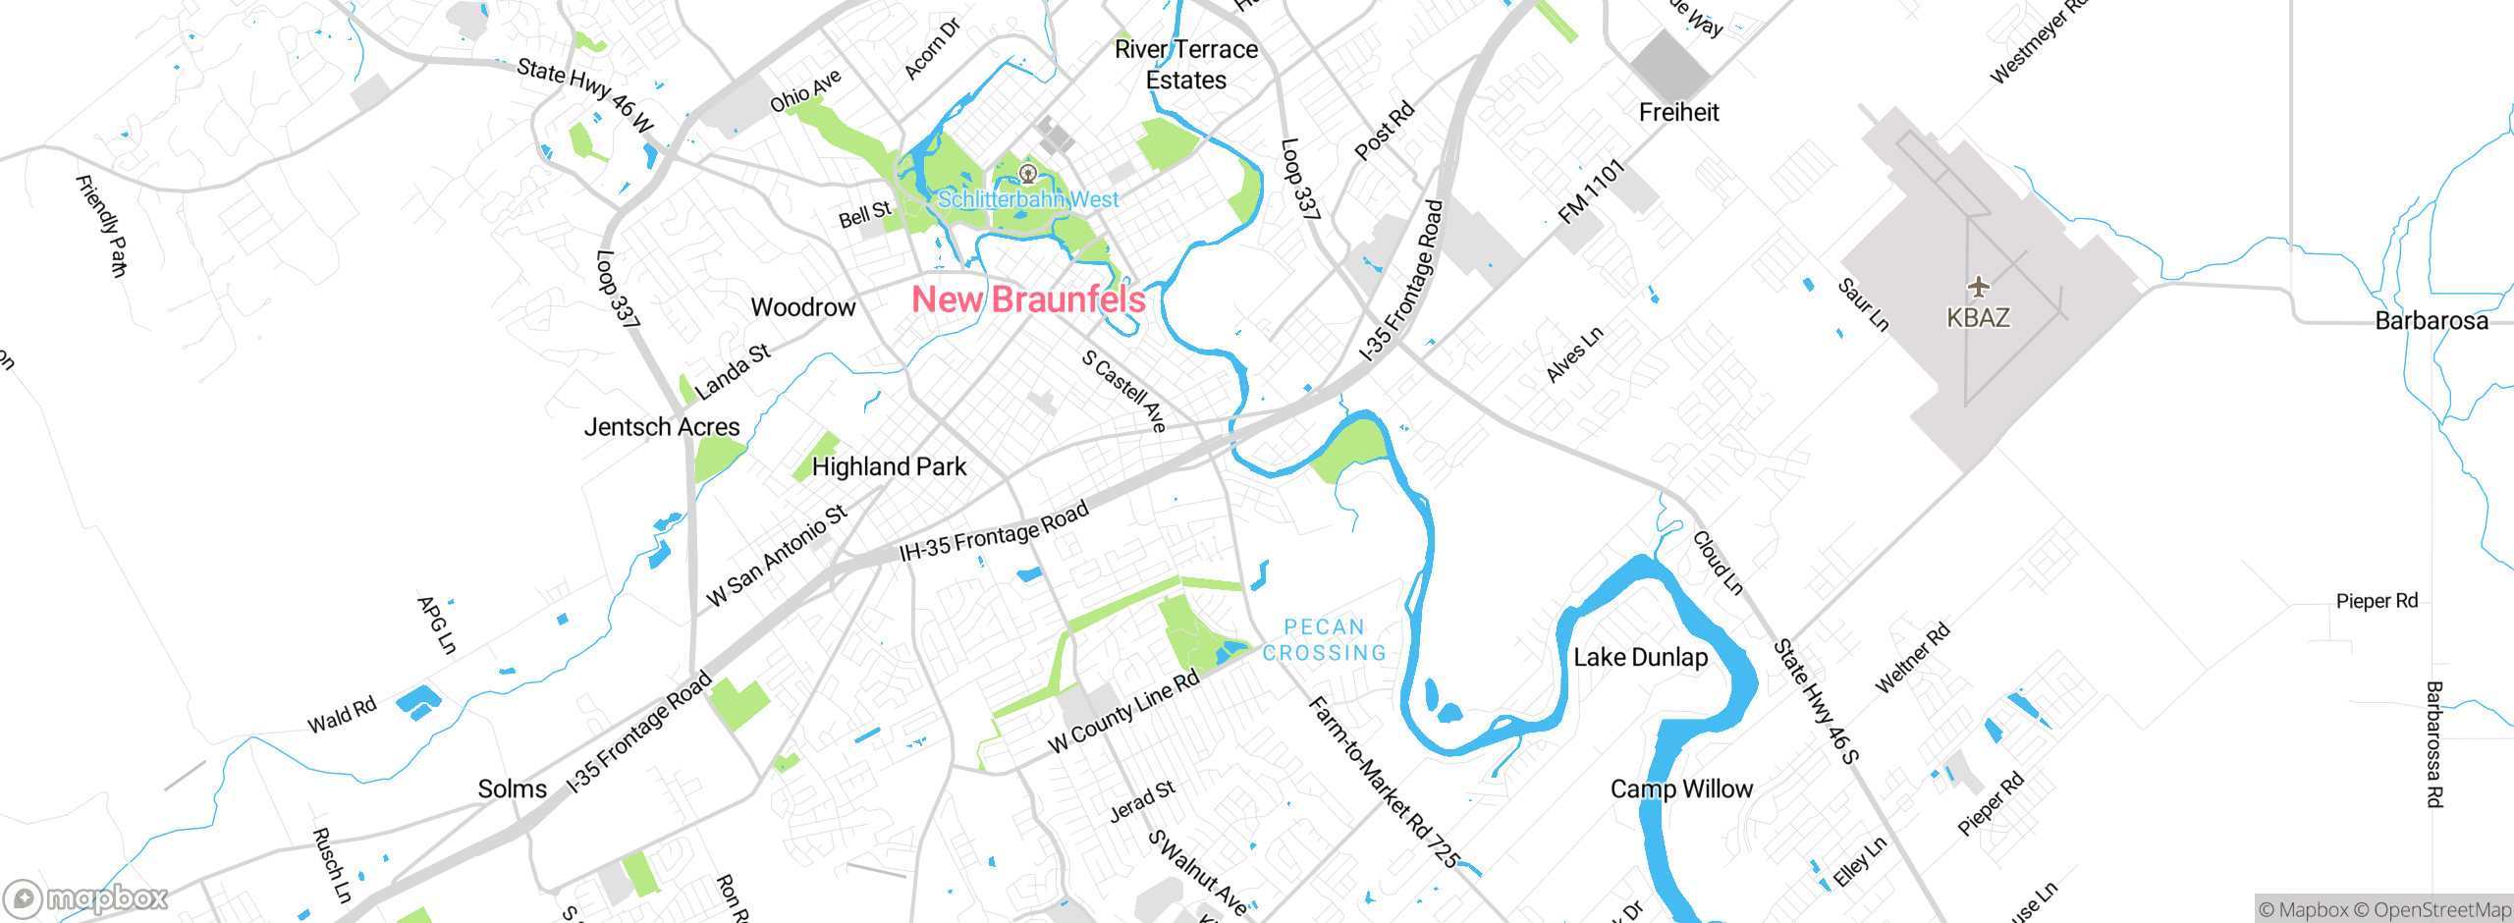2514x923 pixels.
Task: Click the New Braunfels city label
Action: tap(1028, 299)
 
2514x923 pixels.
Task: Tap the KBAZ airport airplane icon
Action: tap(1978, 287)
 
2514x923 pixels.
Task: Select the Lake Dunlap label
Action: tap(1640, 657)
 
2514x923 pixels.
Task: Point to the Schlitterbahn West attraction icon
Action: tap(1028, 175)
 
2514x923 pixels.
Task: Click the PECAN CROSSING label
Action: tap(1324, 640)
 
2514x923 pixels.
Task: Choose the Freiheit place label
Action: tap(1678, 112)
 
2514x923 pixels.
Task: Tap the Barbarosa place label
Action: tap(2431, 321)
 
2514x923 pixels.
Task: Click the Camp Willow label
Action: tap(1680, 788)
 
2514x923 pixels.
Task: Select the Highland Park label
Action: tap(889, 466)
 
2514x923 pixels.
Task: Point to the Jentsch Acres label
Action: tap(661, 427)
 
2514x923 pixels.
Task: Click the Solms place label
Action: tap(512, 788)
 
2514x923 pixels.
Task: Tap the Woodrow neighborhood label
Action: tap(802, 307)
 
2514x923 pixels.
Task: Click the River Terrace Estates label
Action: tap(1185, 65)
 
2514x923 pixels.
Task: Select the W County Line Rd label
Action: tap(1124, 712)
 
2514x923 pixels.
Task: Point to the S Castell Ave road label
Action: tap(1124, 390)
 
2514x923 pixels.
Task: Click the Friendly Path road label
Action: tap(102, 226)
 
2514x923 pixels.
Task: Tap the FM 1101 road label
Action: tap(1591, 192)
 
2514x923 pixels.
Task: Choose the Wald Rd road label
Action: tap(342, 716)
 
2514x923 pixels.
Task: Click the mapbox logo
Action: tap(86, 897)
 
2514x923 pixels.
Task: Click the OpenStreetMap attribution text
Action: tap(2441, 910)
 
